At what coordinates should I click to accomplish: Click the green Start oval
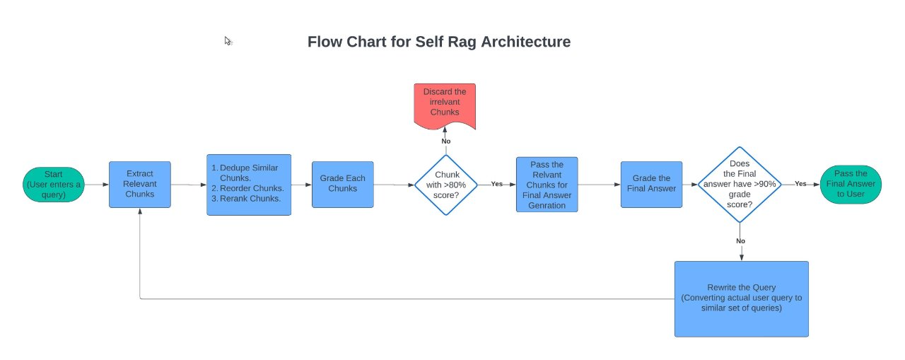pos(54,185)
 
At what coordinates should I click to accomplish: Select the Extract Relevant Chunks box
pos(139,185)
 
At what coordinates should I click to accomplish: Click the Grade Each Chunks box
pos(343,185)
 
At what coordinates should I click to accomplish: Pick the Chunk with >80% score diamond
pos(445,185)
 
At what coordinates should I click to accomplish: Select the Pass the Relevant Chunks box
pos(547,185)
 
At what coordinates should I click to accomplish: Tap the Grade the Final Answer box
pos(651,185)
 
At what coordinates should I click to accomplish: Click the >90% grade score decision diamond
pos(739,183)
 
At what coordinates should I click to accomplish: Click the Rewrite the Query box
pos(741,298)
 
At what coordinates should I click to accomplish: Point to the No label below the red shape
pos(445,141)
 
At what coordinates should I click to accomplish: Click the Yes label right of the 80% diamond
pos(496,184)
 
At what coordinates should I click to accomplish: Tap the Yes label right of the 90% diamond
pos(800,183)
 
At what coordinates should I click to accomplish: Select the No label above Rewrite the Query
pos(740,240)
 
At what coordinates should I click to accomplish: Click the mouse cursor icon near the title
pos(228,41)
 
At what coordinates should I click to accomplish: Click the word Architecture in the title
pos(525,42)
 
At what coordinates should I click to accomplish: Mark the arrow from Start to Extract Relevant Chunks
pos(97,185)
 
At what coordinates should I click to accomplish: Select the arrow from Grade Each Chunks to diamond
pos(395,185)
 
